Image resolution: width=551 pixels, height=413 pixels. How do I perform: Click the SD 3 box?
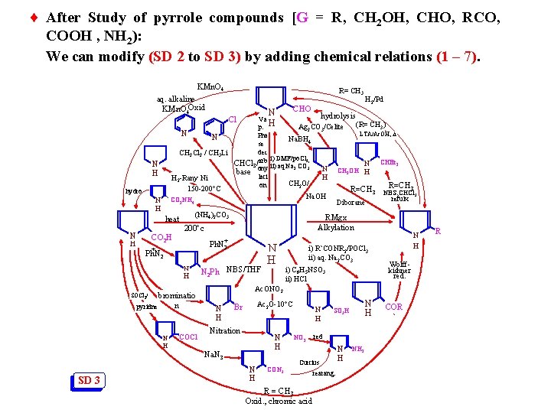coord(90,381)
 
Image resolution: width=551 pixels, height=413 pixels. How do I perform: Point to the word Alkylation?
coord(336,227)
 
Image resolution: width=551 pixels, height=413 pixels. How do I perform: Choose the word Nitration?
coord(224,330)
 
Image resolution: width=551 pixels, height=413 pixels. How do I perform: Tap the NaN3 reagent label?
coord(215,354)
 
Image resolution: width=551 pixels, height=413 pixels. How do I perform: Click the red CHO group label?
coord(302,109)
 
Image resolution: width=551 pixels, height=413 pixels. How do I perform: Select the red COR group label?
coord(394,307)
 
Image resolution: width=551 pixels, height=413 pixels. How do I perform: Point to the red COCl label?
coord(187,337)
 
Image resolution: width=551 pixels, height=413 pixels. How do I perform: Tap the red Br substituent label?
coord(238,307)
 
